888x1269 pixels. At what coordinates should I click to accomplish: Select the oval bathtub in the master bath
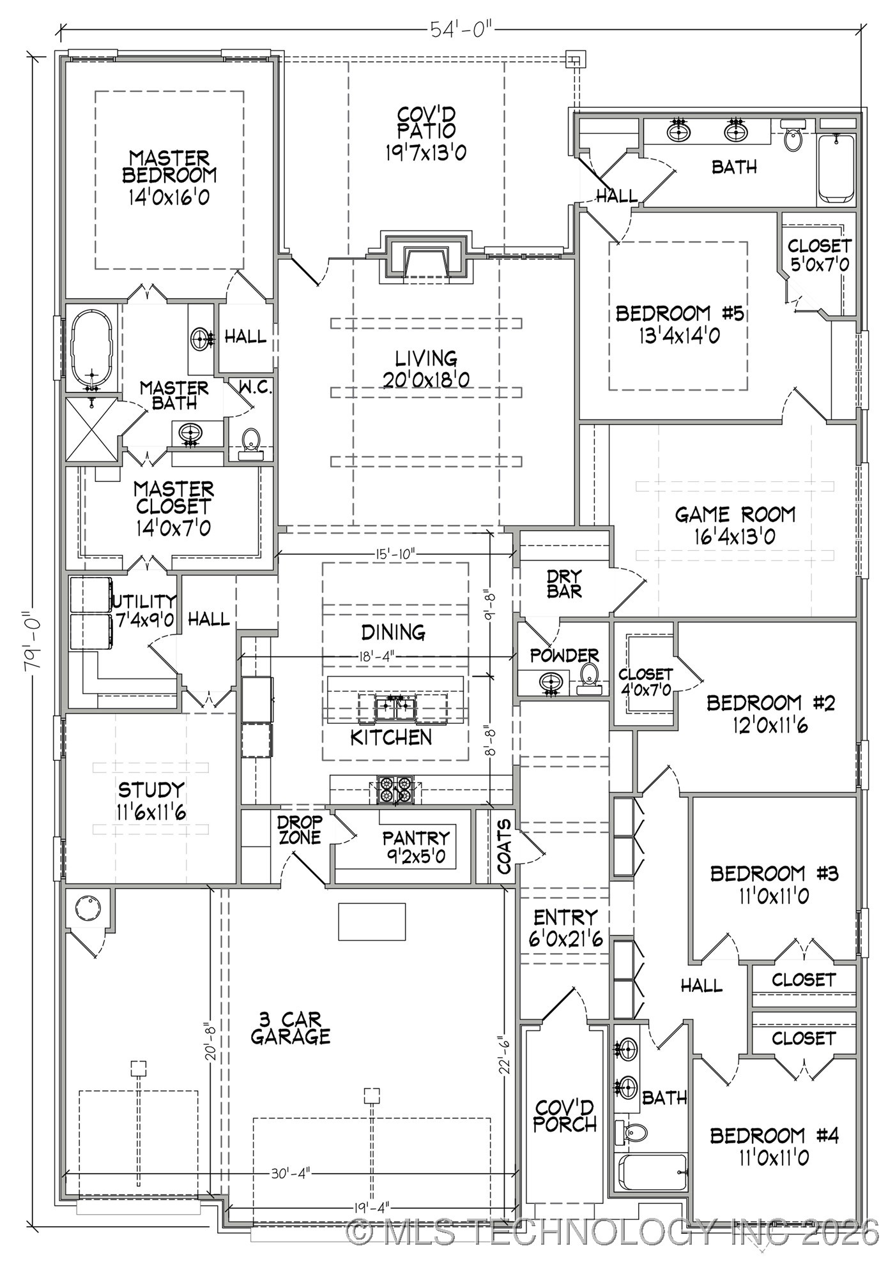point(91,348)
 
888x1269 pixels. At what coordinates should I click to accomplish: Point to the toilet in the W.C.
point(251,442)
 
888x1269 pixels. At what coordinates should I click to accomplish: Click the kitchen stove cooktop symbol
point(394,790)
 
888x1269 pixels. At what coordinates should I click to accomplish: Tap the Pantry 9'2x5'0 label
point(415,846)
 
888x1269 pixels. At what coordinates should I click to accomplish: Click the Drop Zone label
point(299,830)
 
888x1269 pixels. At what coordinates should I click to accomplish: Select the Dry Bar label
point(564,584)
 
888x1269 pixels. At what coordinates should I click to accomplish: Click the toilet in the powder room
point(589,677)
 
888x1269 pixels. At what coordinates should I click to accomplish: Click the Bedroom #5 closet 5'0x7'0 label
point(819,255)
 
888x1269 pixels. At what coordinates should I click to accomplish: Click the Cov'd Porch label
point(564,1115)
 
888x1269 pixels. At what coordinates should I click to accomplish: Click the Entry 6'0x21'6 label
point(565,927)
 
